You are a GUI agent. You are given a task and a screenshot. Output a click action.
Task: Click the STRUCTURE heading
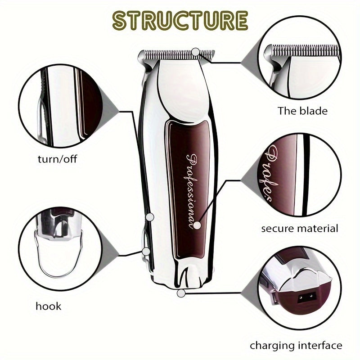pyautogui.click(x=180, y=21)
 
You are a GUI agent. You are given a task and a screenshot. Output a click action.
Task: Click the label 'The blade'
pyautogui.click(x=302, y=111)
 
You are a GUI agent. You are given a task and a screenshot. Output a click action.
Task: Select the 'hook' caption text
pyautogui.click(x=48, y=306)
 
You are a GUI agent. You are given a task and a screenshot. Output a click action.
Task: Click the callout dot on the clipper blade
pyautogui.click(x=195, y=53)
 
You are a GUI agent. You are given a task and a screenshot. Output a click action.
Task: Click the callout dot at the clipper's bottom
pyautogui.click(x=181, y=293)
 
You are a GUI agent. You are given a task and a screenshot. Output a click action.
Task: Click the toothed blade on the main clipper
pyautogui.click(x=175, y=55)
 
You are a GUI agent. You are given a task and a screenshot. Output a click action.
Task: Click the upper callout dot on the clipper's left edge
pyautogui.click(x=150, y=217)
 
